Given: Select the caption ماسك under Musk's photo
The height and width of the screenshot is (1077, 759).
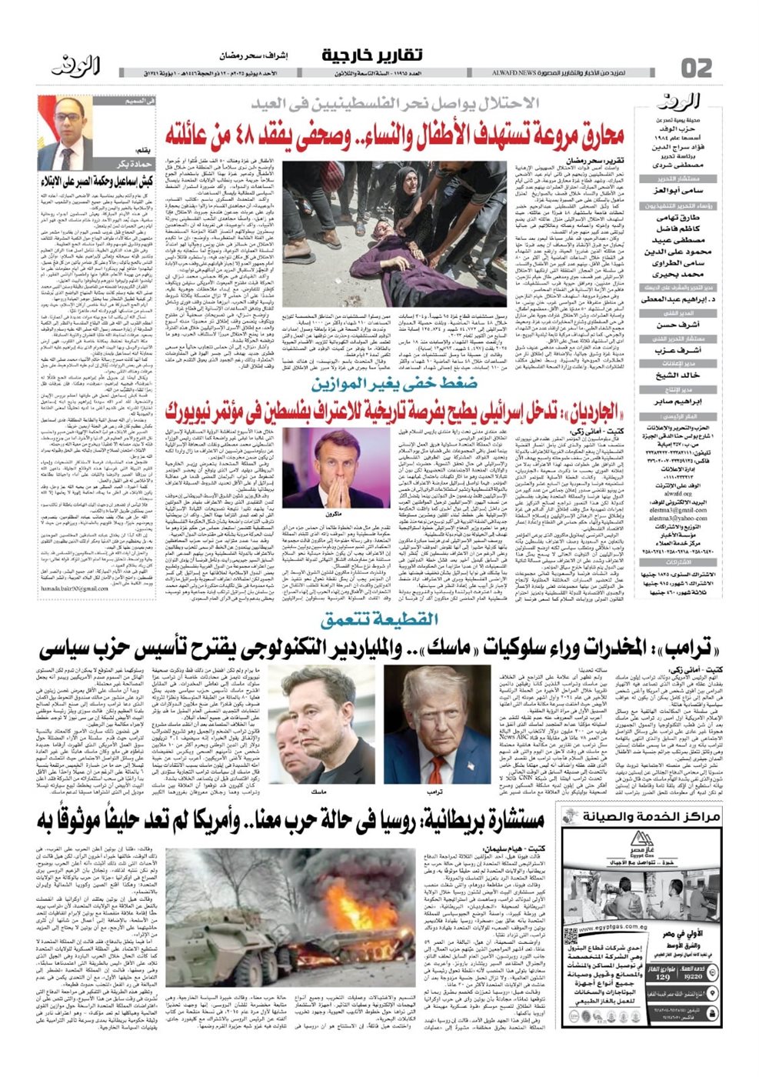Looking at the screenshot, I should click(318, 790).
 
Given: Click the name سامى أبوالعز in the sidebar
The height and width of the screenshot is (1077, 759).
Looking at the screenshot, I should click(677, 189).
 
